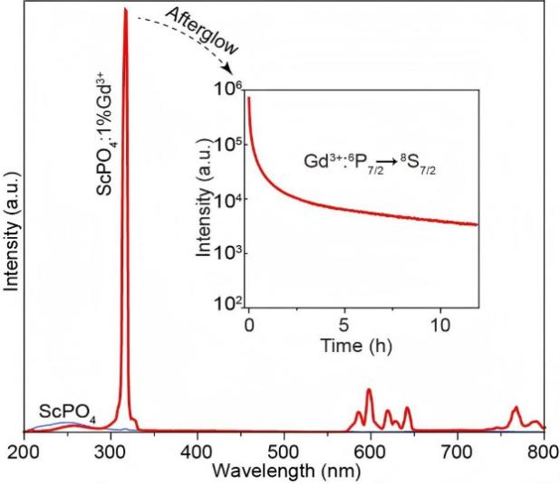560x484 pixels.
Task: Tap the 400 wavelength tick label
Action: pyautogui.click(x=197, y=451)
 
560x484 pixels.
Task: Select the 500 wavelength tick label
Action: pyautogui.click(x=284, y=451)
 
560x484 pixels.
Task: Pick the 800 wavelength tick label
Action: pyautogui.click(x=541, y=451)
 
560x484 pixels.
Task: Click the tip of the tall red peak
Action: pyautogui.click(x=125, y=11)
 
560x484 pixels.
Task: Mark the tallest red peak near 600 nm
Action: pyautogui.click(x=369, y=391)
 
